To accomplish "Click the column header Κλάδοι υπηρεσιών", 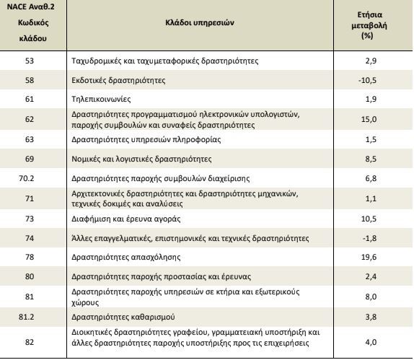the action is [x=200, y=22].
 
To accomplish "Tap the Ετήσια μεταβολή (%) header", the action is [x=369, y=25].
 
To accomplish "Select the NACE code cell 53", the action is [x=30, y=61].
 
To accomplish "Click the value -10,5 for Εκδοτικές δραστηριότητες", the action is [x=367, y=80].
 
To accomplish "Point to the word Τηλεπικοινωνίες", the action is [x=101, y=100].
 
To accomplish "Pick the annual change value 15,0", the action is [x=369, y=119].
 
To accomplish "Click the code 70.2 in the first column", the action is [x=27, y=178].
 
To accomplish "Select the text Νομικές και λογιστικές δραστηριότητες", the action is [x=141, y=159].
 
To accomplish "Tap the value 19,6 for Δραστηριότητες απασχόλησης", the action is [x=369, y=257].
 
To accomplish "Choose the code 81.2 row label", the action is [x=27, y=317].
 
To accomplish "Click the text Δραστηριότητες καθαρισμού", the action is [x=123, y=317].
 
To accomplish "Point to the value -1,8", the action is [x=369, y=238].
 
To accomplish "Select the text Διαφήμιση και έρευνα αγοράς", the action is [x=126, y=219].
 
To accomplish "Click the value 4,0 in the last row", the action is [x=371, y=342].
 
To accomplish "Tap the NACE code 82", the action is [x=30, y=342].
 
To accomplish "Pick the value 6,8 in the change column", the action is [x=371, y=178].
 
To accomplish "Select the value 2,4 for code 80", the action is [x=371, y=276].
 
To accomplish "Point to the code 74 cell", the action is [x=30, y=238].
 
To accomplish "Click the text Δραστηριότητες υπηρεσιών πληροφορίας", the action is [x=146, y=139].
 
